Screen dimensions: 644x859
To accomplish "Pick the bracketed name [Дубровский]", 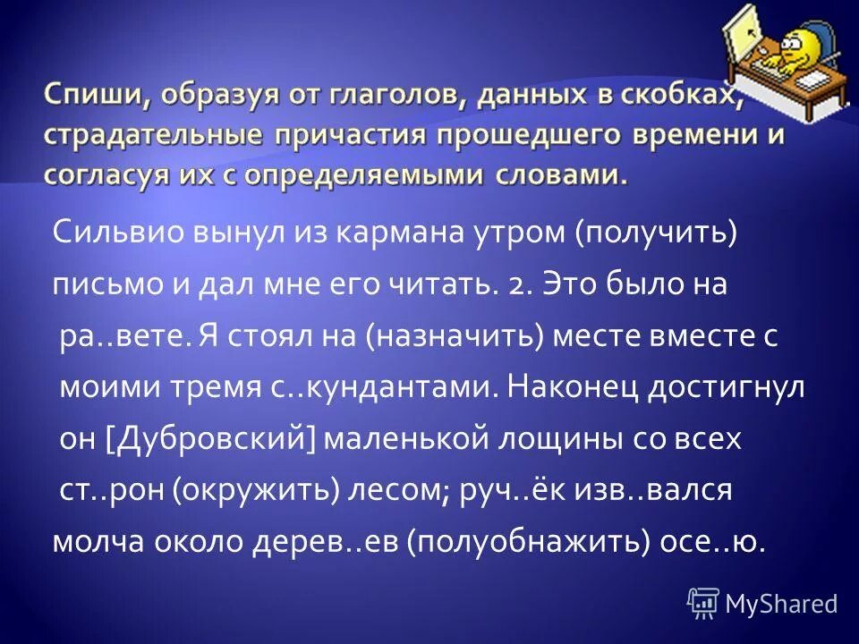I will point(213,438).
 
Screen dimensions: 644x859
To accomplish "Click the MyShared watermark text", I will point(780,604).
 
